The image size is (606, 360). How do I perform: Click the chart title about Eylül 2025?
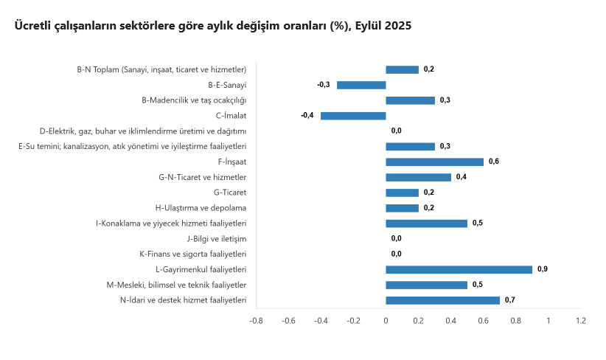coord(212,26)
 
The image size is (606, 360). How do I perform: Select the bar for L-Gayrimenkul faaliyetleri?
coord(459,269)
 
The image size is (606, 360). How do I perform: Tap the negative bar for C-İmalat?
coord(353,116)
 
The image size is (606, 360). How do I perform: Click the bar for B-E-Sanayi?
coord(361,85)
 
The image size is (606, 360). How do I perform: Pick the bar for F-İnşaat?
coord(434,162)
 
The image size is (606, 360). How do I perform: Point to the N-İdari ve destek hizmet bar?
coord(442,300)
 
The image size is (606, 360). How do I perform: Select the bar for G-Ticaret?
coord(402,193)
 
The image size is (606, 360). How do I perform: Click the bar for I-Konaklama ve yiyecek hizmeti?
coord(426,223)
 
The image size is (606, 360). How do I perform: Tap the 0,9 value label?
coord(543,269)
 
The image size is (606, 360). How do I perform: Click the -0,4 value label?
coord(307,116)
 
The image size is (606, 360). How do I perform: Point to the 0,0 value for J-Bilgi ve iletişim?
coord(397,238)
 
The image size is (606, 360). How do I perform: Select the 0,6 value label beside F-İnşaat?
coord(494,162)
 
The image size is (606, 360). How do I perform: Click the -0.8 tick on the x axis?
coord(256,321)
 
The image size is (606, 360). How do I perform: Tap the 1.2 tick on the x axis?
coord(581,321)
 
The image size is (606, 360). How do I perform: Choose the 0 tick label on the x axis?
coord(386,321)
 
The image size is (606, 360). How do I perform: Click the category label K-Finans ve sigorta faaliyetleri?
coord(192,254)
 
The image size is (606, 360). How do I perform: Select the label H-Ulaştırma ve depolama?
coord(201,208)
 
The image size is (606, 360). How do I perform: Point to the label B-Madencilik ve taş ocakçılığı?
coord(194,100)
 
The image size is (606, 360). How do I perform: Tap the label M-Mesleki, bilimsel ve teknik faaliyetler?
coord(176,285)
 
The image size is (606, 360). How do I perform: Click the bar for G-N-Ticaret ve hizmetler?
coord(418,177)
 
